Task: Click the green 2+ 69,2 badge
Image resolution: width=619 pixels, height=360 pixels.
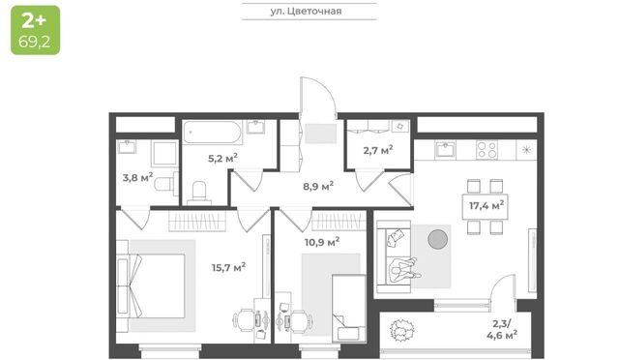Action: [36, 30]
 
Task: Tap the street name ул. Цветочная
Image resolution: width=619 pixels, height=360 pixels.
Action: [306, 11]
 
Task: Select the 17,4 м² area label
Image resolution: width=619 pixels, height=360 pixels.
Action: [486, 205]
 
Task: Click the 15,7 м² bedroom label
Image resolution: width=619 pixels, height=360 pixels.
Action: [229, 267]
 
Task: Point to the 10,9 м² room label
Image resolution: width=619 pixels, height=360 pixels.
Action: [322, 241]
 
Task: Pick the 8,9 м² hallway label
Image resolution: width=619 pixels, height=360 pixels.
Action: [318, 186]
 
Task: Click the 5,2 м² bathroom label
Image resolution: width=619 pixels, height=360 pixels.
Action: [222, 159]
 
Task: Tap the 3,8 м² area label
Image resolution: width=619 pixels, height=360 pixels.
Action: [137, 177]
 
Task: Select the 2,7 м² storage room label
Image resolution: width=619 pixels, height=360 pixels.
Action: [378, 150]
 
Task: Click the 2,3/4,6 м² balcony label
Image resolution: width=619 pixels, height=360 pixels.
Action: [502, 330]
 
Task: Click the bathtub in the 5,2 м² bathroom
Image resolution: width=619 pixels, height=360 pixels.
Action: [213, 132]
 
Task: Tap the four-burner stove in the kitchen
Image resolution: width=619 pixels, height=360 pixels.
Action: [486, 150]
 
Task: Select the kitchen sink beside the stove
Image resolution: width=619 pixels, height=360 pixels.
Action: [446, 150]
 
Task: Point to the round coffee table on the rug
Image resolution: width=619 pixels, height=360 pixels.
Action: [438, 239]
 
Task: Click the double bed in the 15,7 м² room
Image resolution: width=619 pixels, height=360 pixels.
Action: [151, 285]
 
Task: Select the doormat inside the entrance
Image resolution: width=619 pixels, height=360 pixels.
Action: [320, 134]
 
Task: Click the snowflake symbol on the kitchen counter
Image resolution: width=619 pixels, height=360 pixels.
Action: [526, 150]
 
